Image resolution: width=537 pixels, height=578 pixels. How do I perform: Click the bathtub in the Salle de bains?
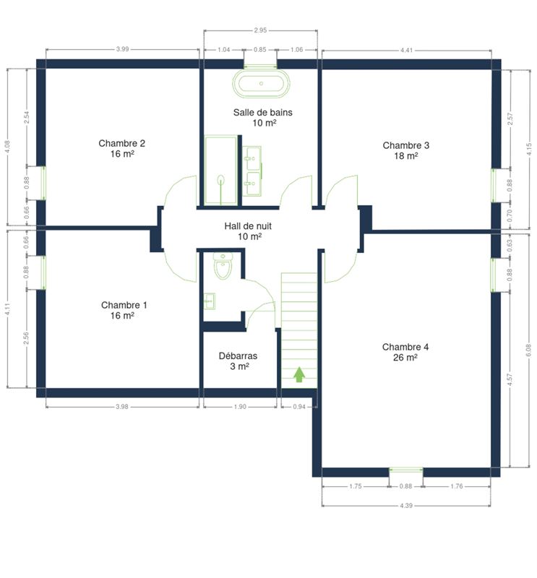(x=261, y=83)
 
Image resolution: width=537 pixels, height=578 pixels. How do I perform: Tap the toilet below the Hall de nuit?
(x=223, y=266)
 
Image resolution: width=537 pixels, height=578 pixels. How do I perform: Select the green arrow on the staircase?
(x=299, y=374)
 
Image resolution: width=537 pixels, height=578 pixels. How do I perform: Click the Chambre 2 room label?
(x=121, y=149)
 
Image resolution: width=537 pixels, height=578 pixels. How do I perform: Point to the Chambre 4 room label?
(x=405, y=352)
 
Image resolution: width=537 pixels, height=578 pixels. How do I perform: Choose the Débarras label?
(x=238, y=361)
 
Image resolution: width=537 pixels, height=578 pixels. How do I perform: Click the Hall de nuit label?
(x=248, y=231)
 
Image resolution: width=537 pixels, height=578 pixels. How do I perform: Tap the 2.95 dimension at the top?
(x=260, y=30)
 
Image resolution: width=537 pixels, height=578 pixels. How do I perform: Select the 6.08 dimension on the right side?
(x=528, y=350)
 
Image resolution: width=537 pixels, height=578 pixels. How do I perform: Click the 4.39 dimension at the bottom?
(x=406, y=505)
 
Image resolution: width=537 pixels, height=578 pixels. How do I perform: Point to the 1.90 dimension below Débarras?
(x=240, y=407)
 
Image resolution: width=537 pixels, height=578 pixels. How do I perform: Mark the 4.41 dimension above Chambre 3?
(x=406, y=50)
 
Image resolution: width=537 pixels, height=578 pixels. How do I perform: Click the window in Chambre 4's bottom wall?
(x=406, y=470)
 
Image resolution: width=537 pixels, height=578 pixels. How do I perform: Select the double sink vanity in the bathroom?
(x=253, y=171)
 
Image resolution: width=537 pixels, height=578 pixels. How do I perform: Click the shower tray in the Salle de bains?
(x=221, y=170)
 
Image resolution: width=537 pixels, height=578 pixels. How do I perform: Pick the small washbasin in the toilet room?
(x=210, y=301)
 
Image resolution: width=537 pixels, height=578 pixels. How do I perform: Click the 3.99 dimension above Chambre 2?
(x=122, y=49)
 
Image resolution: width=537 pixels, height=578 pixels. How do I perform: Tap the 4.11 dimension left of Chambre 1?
(x=7, y=309)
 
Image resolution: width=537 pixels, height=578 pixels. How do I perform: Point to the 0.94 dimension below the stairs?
(x=299, y=407)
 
